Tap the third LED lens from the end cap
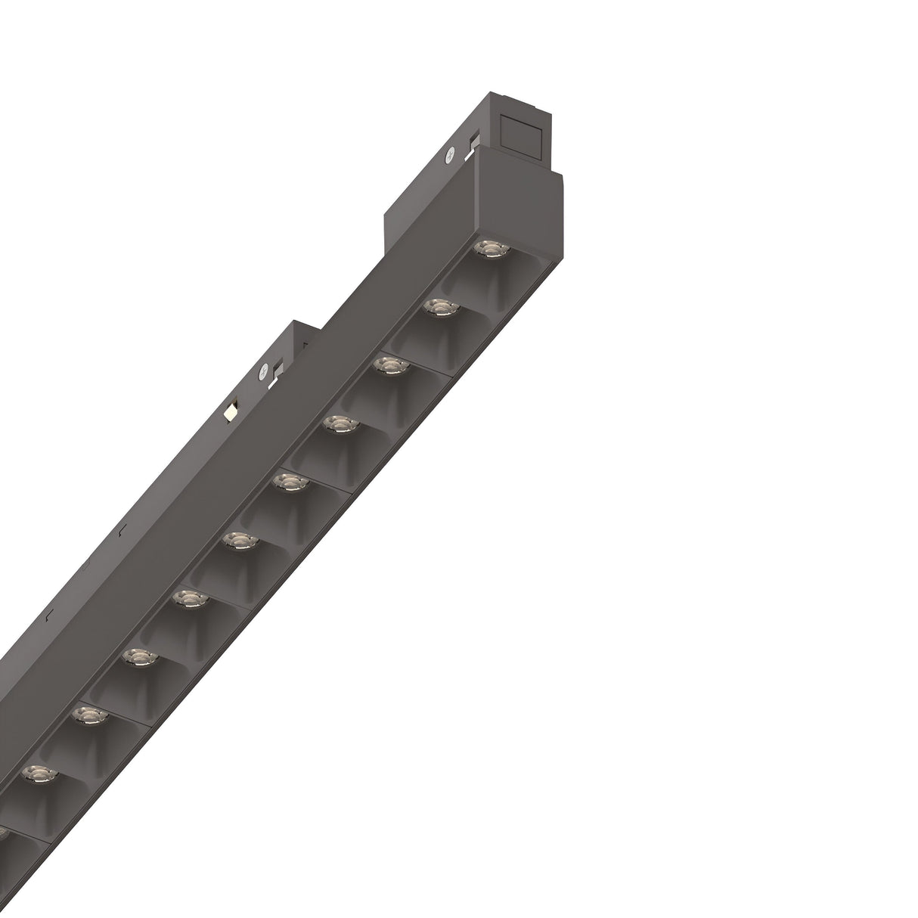coord(389,366)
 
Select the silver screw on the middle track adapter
coord(263,372)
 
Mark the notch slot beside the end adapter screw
coord(474,141)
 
